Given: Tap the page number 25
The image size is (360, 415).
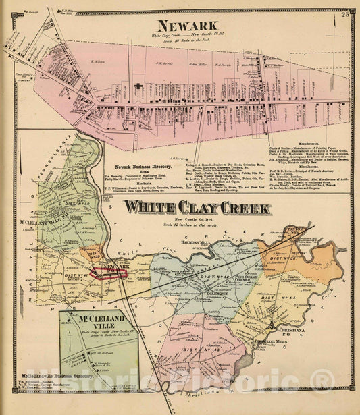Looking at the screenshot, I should pyautogui.click(x=346, y=14).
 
